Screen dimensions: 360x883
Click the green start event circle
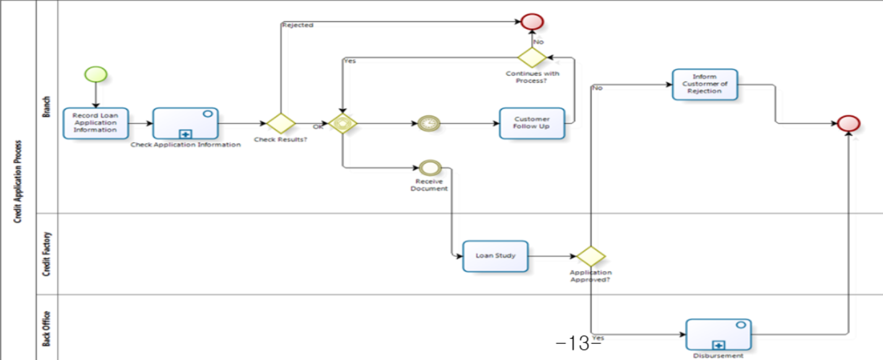pos(96,74)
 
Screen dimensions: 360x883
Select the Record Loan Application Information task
pos(96,123)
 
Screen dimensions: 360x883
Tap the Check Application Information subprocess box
pos(185,123)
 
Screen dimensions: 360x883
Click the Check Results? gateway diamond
pos(281,124)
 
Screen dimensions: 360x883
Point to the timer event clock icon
pos(428,124)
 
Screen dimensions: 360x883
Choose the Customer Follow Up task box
pos(532,123)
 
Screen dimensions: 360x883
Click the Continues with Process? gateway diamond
pos(532,58)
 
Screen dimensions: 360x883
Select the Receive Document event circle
pos(430,167)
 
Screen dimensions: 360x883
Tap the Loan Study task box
pos(495,256)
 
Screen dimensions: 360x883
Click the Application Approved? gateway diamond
pos(591,256)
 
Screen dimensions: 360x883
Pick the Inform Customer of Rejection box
pos(704,84)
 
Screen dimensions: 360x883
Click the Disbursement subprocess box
pos(718,334)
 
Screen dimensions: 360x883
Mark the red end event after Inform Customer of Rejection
pos(848,124)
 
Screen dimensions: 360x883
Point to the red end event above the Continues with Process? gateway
pos(532,22)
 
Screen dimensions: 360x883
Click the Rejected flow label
pos(298,25)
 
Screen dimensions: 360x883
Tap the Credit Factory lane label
pos(47,254)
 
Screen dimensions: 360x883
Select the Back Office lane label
pos(47,329)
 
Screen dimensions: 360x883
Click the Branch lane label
pos(47,107)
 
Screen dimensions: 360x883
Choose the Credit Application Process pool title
pos(18,181)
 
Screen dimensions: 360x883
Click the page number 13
pos(579,343)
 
